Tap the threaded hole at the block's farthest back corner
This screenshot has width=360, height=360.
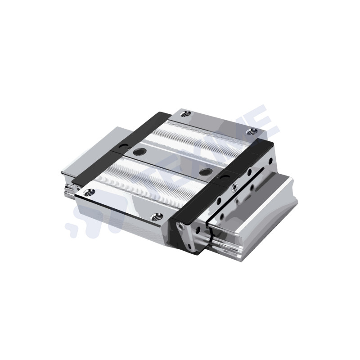click(188, 115)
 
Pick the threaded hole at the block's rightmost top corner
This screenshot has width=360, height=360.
click(252, 131)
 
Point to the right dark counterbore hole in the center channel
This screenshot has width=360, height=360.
click(207, 171)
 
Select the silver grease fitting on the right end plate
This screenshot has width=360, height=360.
click(234, 188)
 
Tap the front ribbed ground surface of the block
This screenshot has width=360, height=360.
click(135, 184)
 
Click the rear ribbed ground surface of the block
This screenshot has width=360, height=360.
click(202, 135)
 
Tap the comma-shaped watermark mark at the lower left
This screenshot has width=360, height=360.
click(72, 229)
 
